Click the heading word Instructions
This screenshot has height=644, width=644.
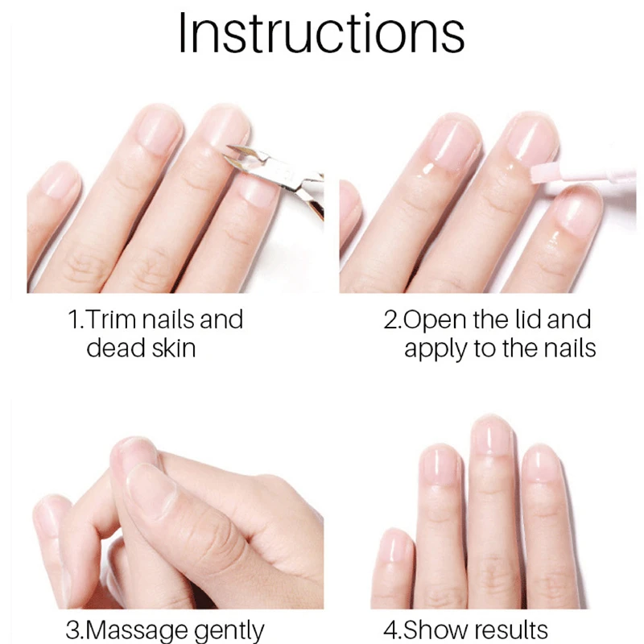tap(321, 34)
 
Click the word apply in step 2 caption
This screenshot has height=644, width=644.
tap(436, 349)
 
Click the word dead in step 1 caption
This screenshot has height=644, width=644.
tap(113, 349)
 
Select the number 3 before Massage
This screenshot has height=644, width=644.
tap(71, 630)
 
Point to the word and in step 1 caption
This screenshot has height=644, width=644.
tap(221, 320)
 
